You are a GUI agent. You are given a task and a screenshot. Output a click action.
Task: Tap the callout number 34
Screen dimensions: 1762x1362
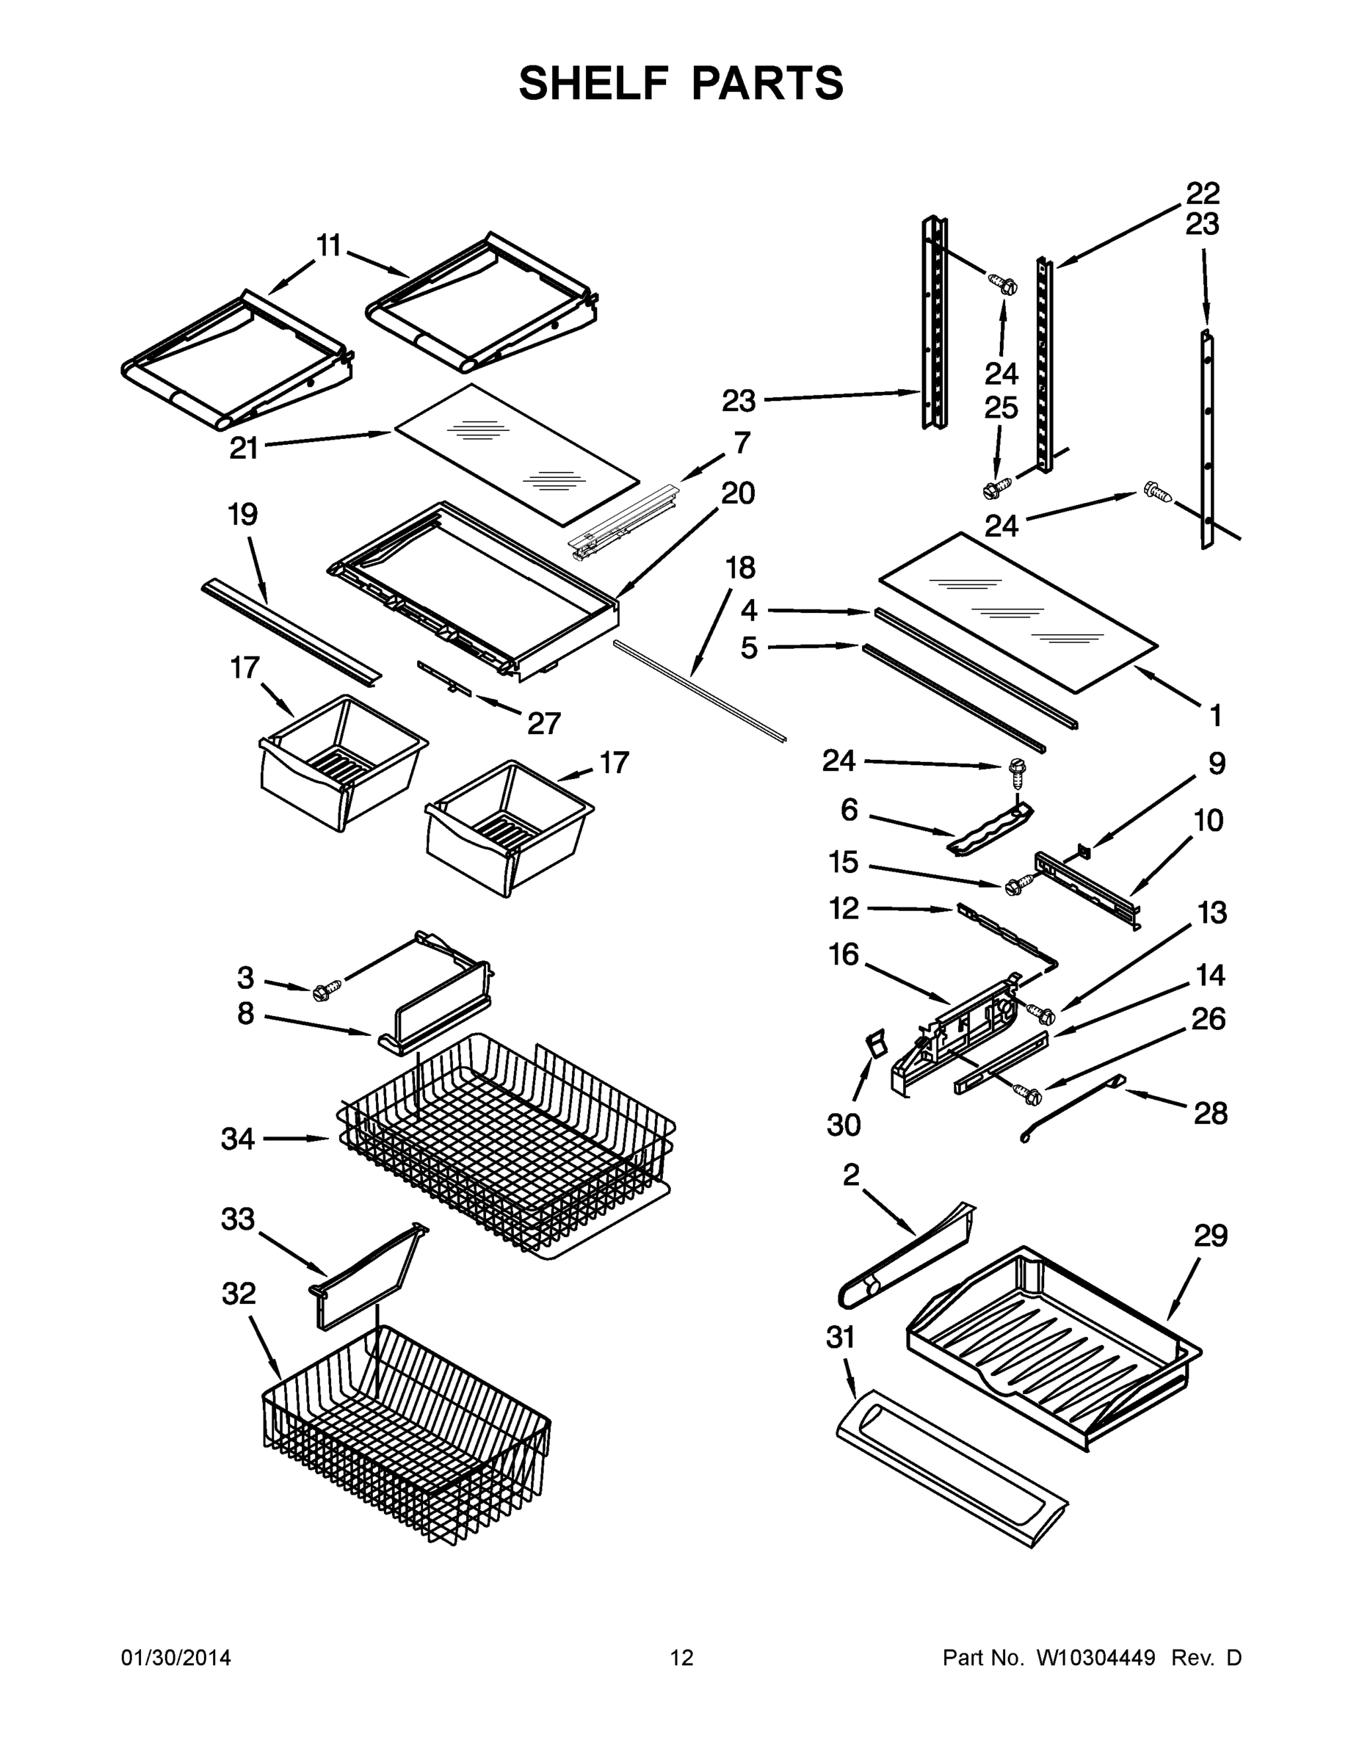click(x=238, y=1139)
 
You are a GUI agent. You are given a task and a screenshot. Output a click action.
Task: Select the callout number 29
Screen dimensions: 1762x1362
click(x=1210, y=1235)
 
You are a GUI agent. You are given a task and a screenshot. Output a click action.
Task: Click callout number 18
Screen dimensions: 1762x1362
click(x=740, y=568)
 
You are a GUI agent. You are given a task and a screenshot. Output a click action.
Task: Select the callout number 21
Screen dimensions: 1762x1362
click(x=244, y=448)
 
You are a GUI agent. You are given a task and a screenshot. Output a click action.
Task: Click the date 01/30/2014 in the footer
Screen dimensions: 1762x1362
click(x=176, y=1658)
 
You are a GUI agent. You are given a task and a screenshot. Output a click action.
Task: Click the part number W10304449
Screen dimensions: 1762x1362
click(x=1095, y=1658)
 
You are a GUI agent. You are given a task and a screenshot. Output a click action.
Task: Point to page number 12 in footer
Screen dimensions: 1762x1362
click(x=682, y=1658)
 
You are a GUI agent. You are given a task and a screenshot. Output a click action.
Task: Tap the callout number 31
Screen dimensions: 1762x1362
click(x=840, y=1338)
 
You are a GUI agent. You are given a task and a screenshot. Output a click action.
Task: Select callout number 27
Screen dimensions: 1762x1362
click(x=543, y=723)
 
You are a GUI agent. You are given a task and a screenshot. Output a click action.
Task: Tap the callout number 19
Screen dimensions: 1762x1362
click(x=243, y=514)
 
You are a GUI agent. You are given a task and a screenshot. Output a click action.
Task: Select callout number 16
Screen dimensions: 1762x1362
click(x=844, y=954)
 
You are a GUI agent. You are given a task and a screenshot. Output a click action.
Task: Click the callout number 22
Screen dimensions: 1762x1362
click(x=1202, y=194)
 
